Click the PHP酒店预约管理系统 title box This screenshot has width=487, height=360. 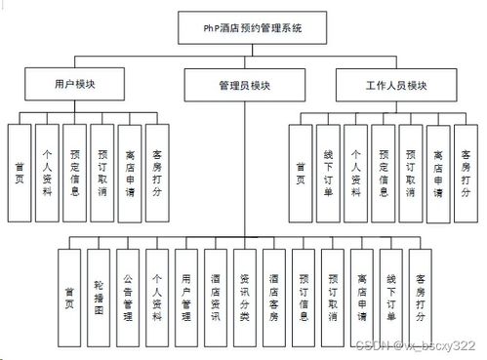(x=244, y=27)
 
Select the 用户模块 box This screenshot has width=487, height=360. (x=74, y=84)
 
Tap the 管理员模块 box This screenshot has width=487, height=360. (x=244, y=86)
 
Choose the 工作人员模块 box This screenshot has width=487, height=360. (x=395, y=84)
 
